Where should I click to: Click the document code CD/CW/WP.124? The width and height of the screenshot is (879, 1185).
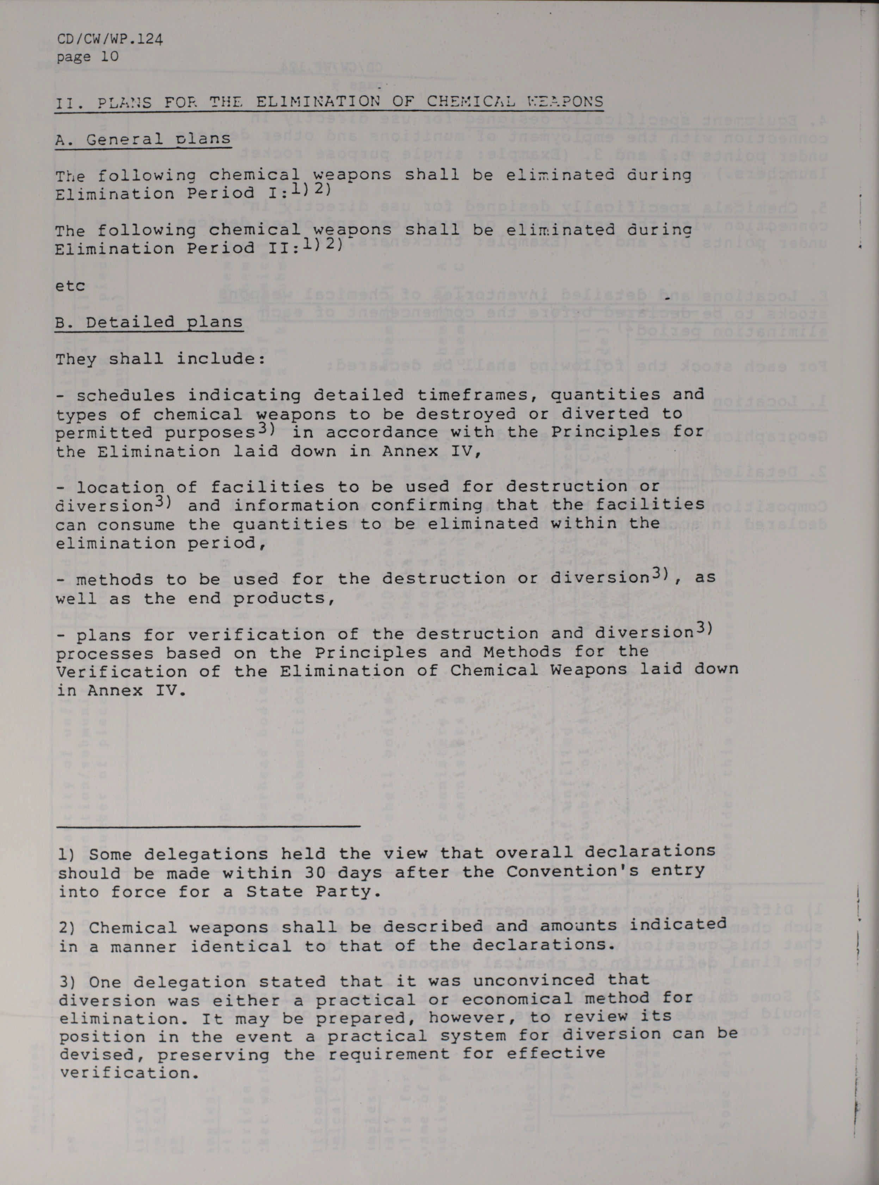(x=109, y=39)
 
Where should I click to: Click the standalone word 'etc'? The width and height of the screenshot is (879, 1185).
(x=70, y=286)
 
